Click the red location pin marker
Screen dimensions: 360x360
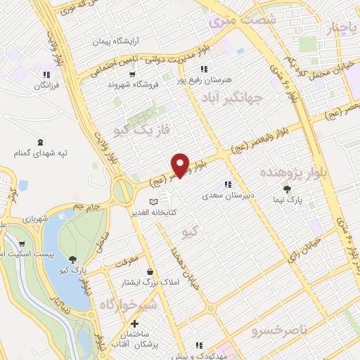(x=181, y=165)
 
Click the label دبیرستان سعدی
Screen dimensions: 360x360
(x=227, y=195)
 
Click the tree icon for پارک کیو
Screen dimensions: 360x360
(x=74, y=259)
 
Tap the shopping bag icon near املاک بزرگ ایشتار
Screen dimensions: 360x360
(x=149, y=272)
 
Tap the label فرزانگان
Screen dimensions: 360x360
(x=46, y=85)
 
